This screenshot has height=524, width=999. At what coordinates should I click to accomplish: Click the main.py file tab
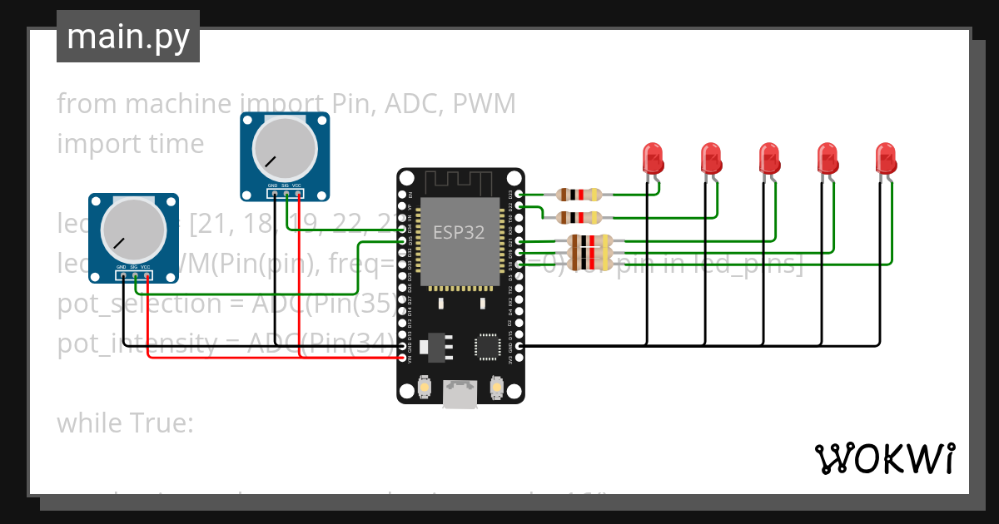point(127,37)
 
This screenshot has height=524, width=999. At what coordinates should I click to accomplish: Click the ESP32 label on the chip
point(458,232)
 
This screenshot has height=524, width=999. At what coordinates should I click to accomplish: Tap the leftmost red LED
point(652,158)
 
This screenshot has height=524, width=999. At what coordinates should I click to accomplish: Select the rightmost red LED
point(885,158)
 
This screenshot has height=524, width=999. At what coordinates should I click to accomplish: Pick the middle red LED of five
point(768,158)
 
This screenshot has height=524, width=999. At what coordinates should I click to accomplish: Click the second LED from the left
point(710,158)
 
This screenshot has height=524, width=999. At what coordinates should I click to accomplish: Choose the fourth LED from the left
point(827,158)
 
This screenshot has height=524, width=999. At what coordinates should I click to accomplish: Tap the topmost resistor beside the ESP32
point(579,195)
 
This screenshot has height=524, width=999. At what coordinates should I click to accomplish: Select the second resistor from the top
point(579,218)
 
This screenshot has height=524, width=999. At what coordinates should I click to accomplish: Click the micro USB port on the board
point(460,393)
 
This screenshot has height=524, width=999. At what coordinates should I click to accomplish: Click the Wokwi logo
point(884,458)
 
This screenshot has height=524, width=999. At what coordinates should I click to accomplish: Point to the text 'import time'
point(130,144)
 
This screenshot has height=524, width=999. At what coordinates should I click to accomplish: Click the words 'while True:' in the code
point(125,423)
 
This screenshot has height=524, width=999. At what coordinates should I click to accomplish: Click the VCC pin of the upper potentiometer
point(298,194)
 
